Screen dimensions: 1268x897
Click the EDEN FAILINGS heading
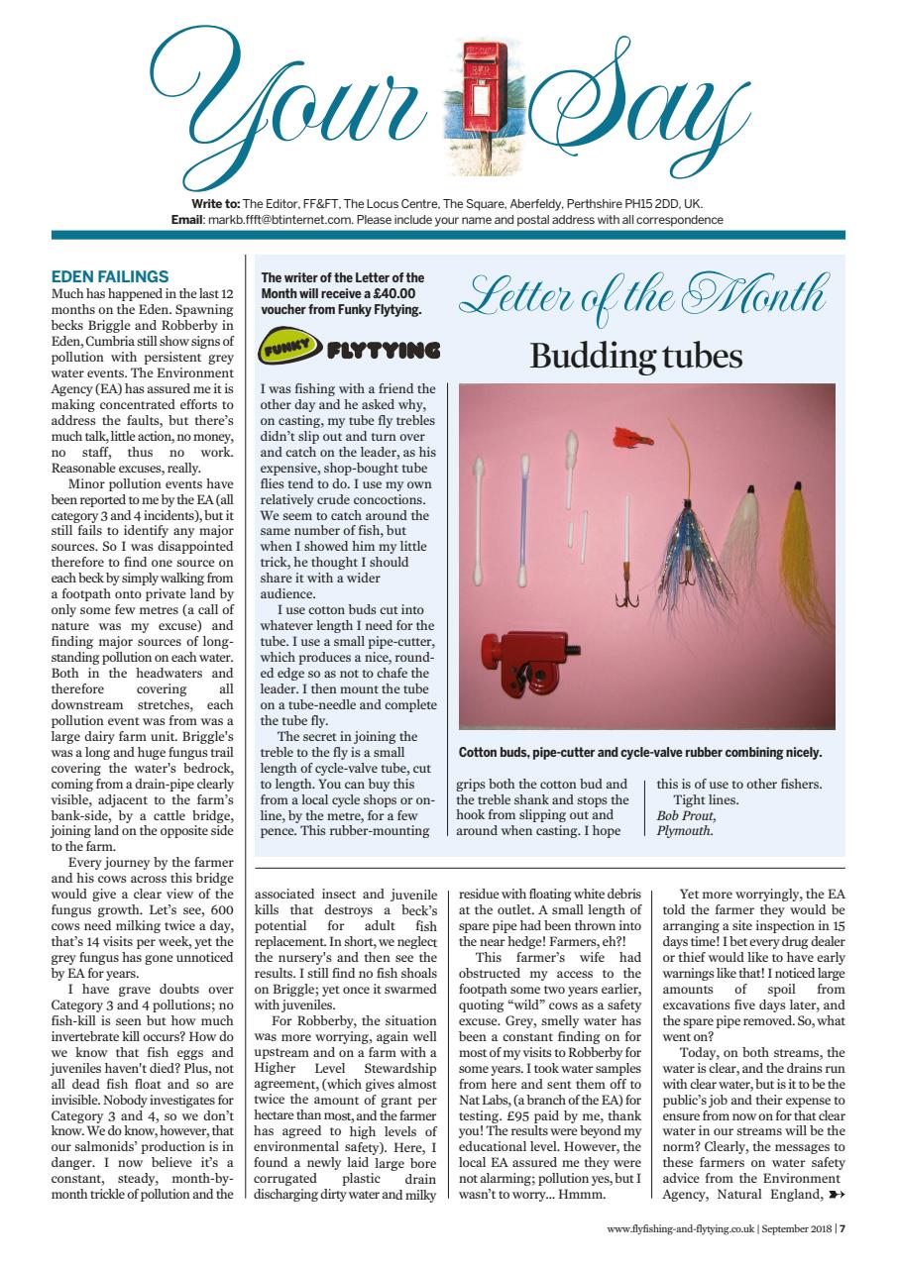pos(110,276)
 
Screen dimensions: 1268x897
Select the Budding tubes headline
pos(635,356)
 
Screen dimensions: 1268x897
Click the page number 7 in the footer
pos(841,1229)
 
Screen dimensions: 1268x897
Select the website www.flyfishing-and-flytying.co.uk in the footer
pos(679,1229)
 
